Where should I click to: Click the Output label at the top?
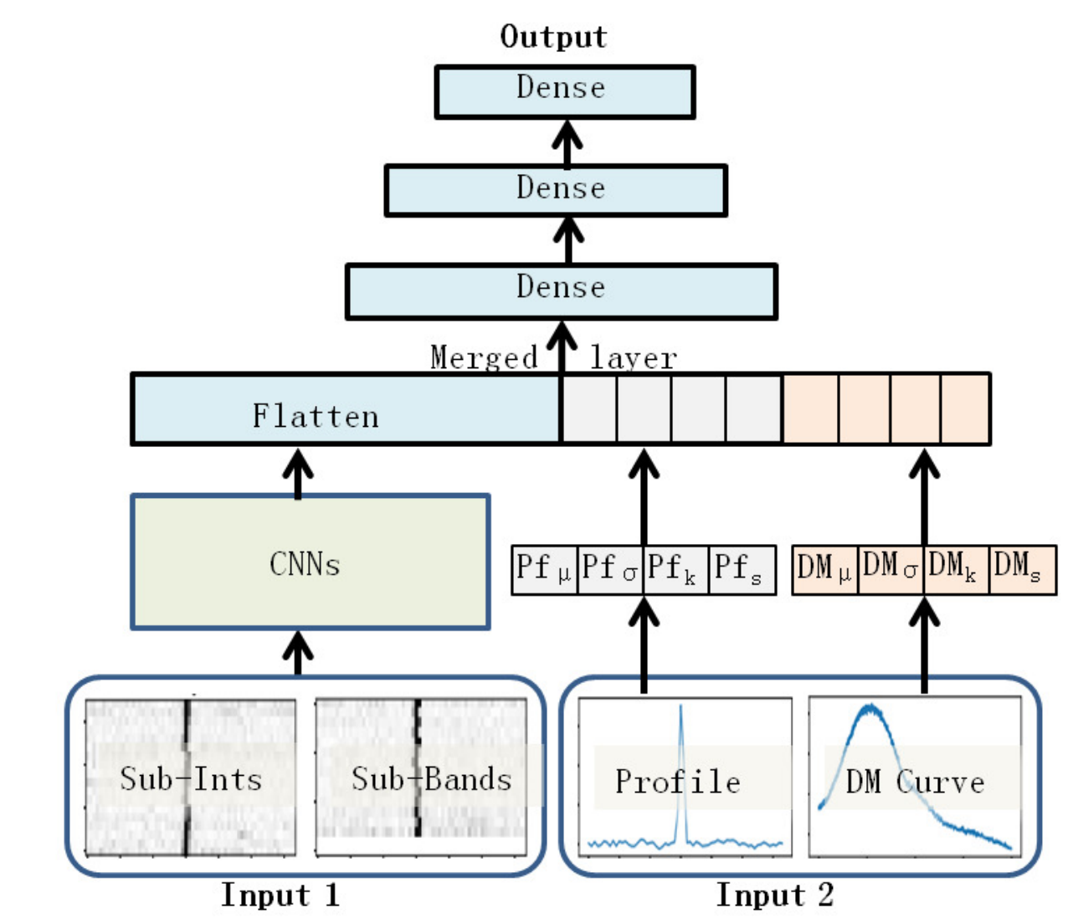coord(553,36)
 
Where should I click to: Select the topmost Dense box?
coord(565,92)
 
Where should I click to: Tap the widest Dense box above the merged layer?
coord(561,291)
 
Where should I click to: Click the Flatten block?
coord(347,409)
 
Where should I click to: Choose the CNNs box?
coord(311,562)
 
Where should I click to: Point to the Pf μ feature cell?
coord(544,570)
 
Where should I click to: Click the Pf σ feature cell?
coord(610,570)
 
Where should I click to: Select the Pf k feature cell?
coord(676,570)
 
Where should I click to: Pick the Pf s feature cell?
coord(742,570)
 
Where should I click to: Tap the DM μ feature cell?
coord(825,570)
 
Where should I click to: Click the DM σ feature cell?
coord(891,570)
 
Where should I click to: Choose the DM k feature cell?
coord(957,570)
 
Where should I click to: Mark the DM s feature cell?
coord(1023,570)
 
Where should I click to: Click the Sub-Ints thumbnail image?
coord(191,777)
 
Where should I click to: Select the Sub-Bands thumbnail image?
coord(421,777)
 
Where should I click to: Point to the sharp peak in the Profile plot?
coord(680,706)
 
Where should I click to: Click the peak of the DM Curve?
coord(870,707)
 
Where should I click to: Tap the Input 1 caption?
coord(280,896)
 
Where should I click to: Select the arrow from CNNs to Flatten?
coord(298,474)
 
